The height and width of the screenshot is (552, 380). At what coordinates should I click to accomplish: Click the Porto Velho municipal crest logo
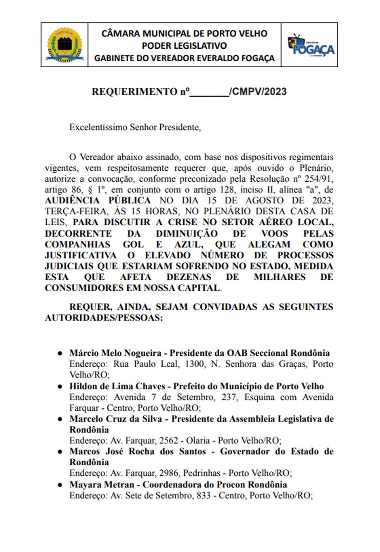click(x=65, y=45)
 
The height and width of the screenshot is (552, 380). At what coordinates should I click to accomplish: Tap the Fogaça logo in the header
click(x=311, y=45)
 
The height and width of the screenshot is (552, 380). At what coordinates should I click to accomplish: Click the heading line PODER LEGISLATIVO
click(x=184, y=46)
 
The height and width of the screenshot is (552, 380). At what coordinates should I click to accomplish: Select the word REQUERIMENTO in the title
click(x=135, y=92)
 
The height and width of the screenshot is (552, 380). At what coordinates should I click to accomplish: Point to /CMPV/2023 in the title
click(x=258, y=92)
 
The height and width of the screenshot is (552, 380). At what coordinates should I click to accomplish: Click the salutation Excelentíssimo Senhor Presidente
click(x=135, y=127)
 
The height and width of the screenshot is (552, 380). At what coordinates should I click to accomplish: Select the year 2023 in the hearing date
click(x=322, y=201)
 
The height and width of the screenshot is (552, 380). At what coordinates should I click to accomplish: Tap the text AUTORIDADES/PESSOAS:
click(x=104, y=318)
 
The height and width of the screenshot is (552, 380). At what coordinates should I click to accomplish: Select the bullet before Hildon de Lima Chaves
click(x=60, y=386)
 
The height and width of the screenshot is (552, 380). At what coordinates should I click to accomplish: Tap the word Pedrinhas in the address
click(x=202, y=473)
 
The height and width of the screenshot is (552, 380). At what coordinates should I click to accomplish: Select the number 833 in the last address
click(x=203, y=495)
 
